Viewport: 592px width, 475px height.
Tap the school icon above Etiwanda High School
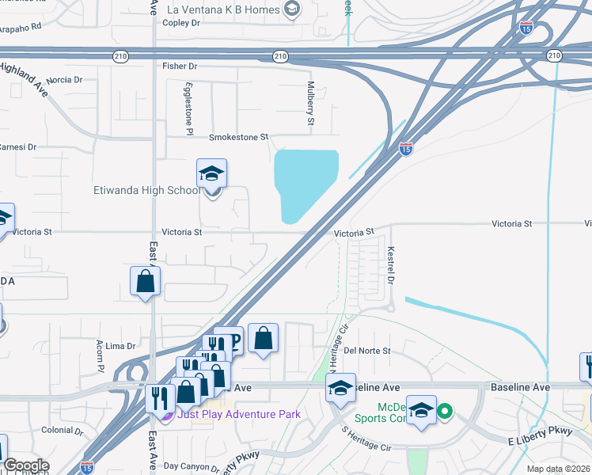[x=211, y=173]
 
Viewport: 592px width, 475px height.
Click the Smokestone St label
[x=239, y=137]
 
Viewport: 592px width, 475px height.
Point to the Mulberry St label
[x=311, y=102]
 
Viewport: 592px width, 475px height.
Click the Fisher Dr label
[x=179, y=66]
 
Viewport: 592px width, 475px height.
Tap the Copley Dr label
[x=184, y=23]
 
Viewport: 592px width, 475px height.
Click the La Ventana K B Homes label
[x=225, y=9]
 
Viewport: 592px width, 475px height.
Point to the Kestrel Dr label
[x=390, y=265]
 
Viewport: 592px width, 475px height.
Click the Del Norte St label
[x=368, y=350]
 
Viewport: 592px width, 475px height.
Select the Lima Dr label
[x=121, y=346]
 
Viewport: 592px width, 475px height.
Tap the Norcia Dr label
[x=64, y=80]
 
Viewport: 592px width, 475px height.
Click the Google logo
[x=27, y=465]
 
